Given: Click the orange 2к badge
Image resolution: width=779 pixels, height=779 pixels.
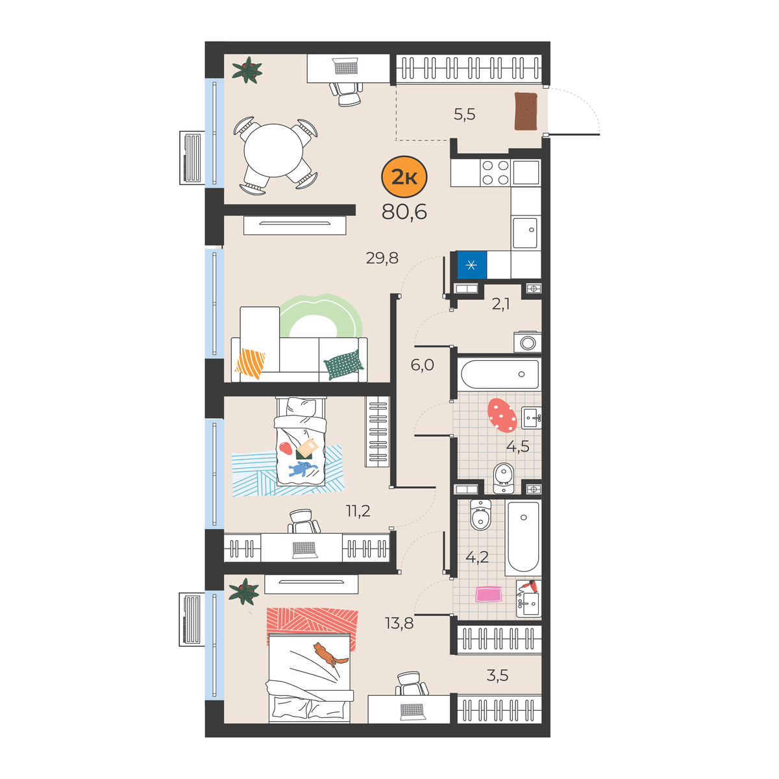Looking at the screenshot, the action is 404,177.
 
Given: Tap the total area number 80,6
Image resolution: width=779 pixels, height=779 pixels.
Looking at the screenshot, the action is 404,212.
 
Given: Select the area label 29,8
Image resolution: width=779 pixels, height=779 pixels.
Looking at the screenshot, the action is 382,258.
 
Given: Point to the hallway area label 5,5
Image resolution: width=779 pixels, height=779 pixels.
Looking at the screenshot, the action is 465,115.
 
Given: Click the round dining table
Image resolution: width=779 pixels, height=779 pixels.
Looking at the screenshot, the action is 274,151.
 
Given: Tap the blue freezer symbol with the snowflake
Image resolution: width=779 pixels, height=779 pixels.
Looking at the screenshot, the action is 471,266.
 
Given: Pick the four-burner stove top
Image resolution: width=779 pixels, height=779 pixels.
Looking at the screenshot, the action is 495,173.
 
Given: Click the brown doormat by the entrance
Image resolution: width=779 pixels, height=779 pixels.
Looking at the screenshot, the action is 526,112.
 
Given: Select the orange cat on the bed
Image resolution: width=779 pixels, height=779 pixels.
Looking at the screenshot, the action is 330,654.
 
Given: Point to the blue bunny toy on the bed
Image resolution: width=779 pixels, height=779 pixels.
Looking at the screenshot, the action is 303,469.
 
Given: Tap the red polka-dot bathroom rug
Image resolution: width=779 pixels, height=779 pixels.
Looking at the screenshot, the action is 502,415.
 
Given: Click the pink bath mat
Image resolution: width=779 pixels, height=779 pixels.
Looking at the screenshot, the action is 488,594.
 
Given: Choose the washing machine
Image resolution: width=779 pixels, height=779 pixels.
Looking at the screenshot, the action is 527,342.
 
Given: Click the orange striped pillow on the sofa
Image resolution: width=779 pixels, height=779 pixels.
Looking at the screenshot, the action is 250,363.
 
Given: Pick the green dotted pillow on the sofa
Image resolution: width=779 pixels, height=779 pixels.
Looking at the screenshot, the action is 343,365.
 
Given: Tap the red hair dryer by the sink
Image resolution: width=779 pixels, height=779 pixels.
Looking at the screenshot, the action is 530,586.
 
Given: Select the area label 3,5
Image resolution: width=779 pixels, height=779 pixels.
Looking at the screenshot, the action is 497,675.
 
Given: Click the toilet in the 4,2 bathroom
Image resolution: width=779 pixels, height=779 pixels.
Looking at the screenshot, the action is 480,515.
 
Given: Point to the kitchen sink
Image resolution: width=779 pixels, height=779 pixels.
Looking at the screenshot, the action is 525,233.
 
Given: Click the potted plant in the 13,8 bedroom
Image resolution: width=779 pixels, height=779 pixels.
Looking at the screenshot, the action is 244,591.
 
